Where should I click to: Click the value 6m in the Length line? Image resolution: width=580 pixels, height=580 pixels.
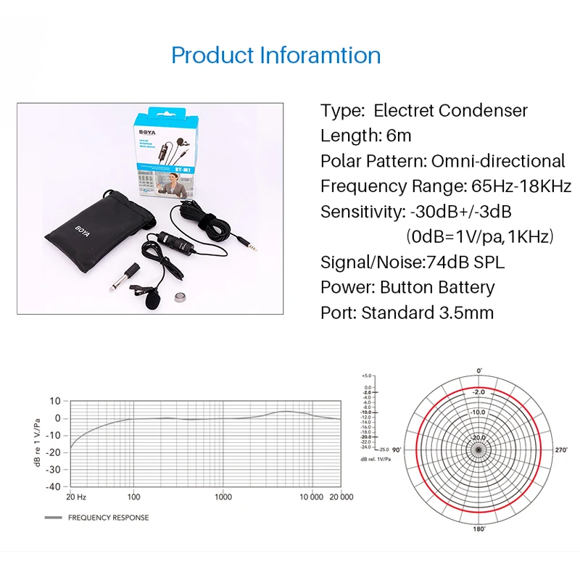(399, 135)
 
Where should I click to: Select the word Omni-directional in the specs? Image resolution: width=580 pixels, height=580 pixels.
(498, 160)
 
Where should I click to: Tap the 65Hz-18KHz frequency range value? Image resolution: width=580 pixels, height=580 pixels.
(518, 186)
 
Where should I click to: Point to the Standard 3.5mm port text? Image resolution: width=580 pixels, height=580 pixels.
(427, 312)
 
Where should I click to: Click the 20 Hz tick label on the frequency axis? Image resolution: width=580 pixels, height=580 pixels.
(76, 497)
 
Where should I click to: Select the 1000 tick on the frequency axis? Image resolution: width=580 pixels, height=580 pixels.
(223, 497)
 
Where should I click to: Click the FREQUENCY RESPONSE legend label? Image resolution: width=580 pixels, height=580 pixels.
(108, 518)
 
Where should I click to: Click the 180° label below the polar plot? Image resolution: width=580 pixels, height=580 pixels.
(478, 529)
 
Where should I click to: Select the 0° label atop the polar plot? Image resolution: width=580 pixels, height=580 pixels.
(479, 370)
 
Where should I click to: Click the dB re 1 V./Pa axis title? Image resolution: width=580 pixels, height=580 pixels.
(36, 443)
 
